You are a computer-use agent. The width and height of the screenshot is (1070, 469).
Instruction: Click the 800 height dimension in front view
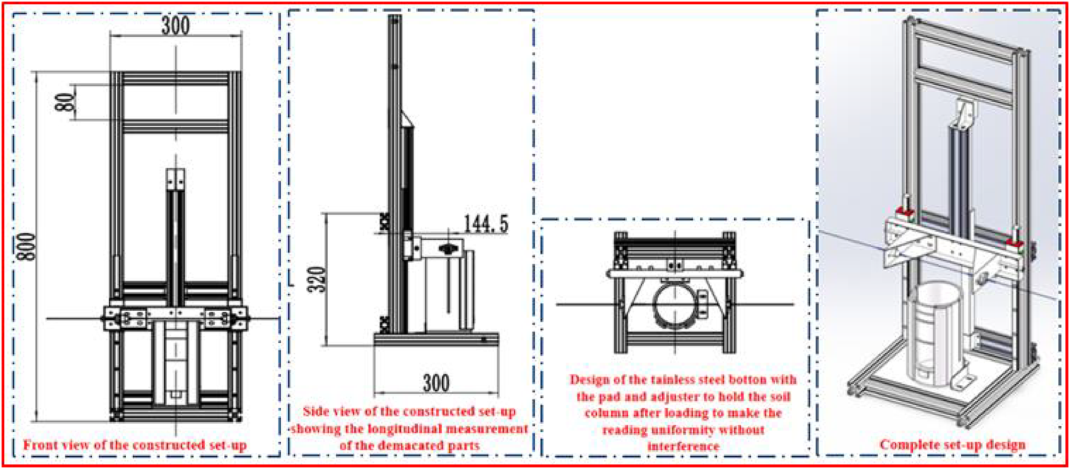click(x=28, y=247)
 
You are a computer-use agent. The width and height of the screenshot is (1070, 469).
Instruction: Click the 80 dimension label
click(x=64, y=102)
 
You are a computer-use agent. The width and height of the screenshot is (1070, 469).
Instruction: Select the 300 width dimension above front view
click(x=175, y=25)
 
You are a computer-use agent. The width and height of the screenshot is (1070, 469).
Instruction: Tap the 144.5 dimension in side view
click(x=485, y=224)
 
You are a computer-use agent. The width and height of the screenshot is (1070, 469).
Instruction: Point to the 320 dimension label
click(x=317, y=279)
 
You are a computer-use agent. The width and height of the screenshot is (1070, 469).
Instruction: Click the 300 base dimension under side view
click(x=436, y=383)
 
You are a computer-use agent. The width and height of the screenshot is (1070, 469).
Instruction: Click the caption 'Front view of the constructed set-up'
click(x=135, y=445)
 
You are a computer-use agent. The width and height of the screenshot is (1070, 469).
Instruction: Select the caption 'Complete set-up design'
click(x=952, y=444)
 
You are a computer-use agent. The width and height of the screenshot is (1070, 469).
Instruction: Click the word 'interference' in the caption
click(x=683, y=446)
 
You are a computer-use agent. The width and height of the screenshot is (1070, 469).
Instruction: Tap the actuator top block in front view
click(x=176, y=179)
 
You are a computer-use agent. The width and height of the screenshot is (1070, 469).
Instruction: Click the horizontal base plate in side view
click(x=436, y=338)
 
